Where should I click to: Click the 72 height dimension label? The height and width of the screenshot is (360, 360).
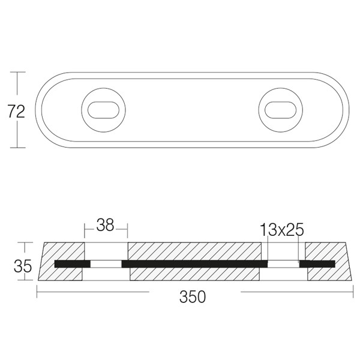16,112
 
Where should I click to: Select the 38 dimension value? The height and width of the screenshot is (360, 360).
105,225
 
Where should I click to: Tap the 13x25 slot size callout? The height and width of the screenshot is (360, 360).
282,230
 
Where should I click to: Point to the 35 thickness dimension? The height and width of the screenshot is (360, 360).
23,266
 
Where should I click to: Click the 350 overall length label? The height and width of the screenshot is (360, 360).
193,297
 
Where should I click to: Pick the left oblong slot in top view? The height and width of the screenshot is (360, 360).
103,110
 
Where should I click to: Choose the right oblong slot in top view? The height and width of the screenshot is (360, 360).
280,110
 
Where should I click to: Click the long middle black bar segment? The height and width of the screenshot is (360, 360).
194,264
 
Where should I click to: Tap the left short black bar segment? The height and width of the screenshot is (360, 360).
73,264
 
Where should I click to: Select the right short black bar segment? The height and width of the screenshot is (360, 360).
317,264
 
